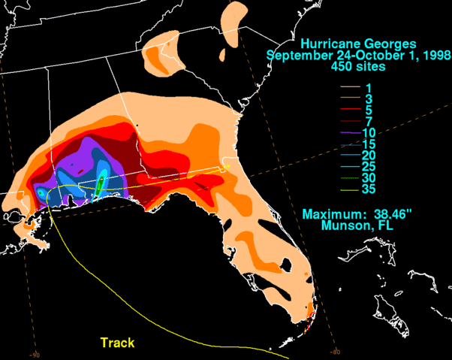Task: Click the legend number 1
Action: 368,88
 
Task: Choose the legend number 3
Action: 368,99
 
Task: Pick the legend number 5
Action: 368,110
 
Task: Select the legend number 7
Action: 368,122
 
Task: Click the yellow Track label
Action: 118,343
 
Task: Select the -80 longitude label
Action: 335,350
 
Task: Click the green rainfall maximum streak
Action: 100,183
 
